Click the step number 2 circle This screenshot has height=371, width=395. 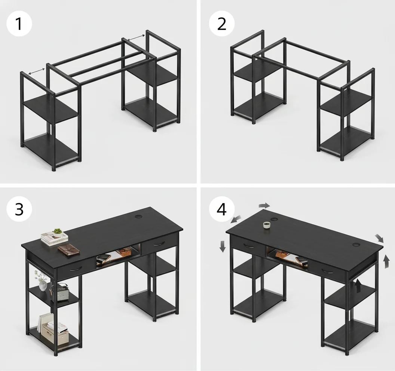click(221, 24)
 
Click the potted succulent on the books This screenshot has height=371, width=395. click(57, 232)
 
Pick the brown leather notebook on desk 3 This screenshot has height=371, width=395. click(69, 249)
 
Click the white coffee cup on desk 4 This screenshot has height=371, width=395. click(266, 225)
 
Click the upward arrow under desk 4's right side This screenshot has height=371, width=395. click(358, 285)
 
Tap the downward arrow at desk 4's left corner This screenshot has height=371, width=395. click(223, 246)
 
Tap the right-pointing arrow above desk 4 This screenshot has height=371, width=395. click(264, 205)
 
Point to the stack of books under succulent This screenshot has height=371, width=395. click(55, 239)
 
